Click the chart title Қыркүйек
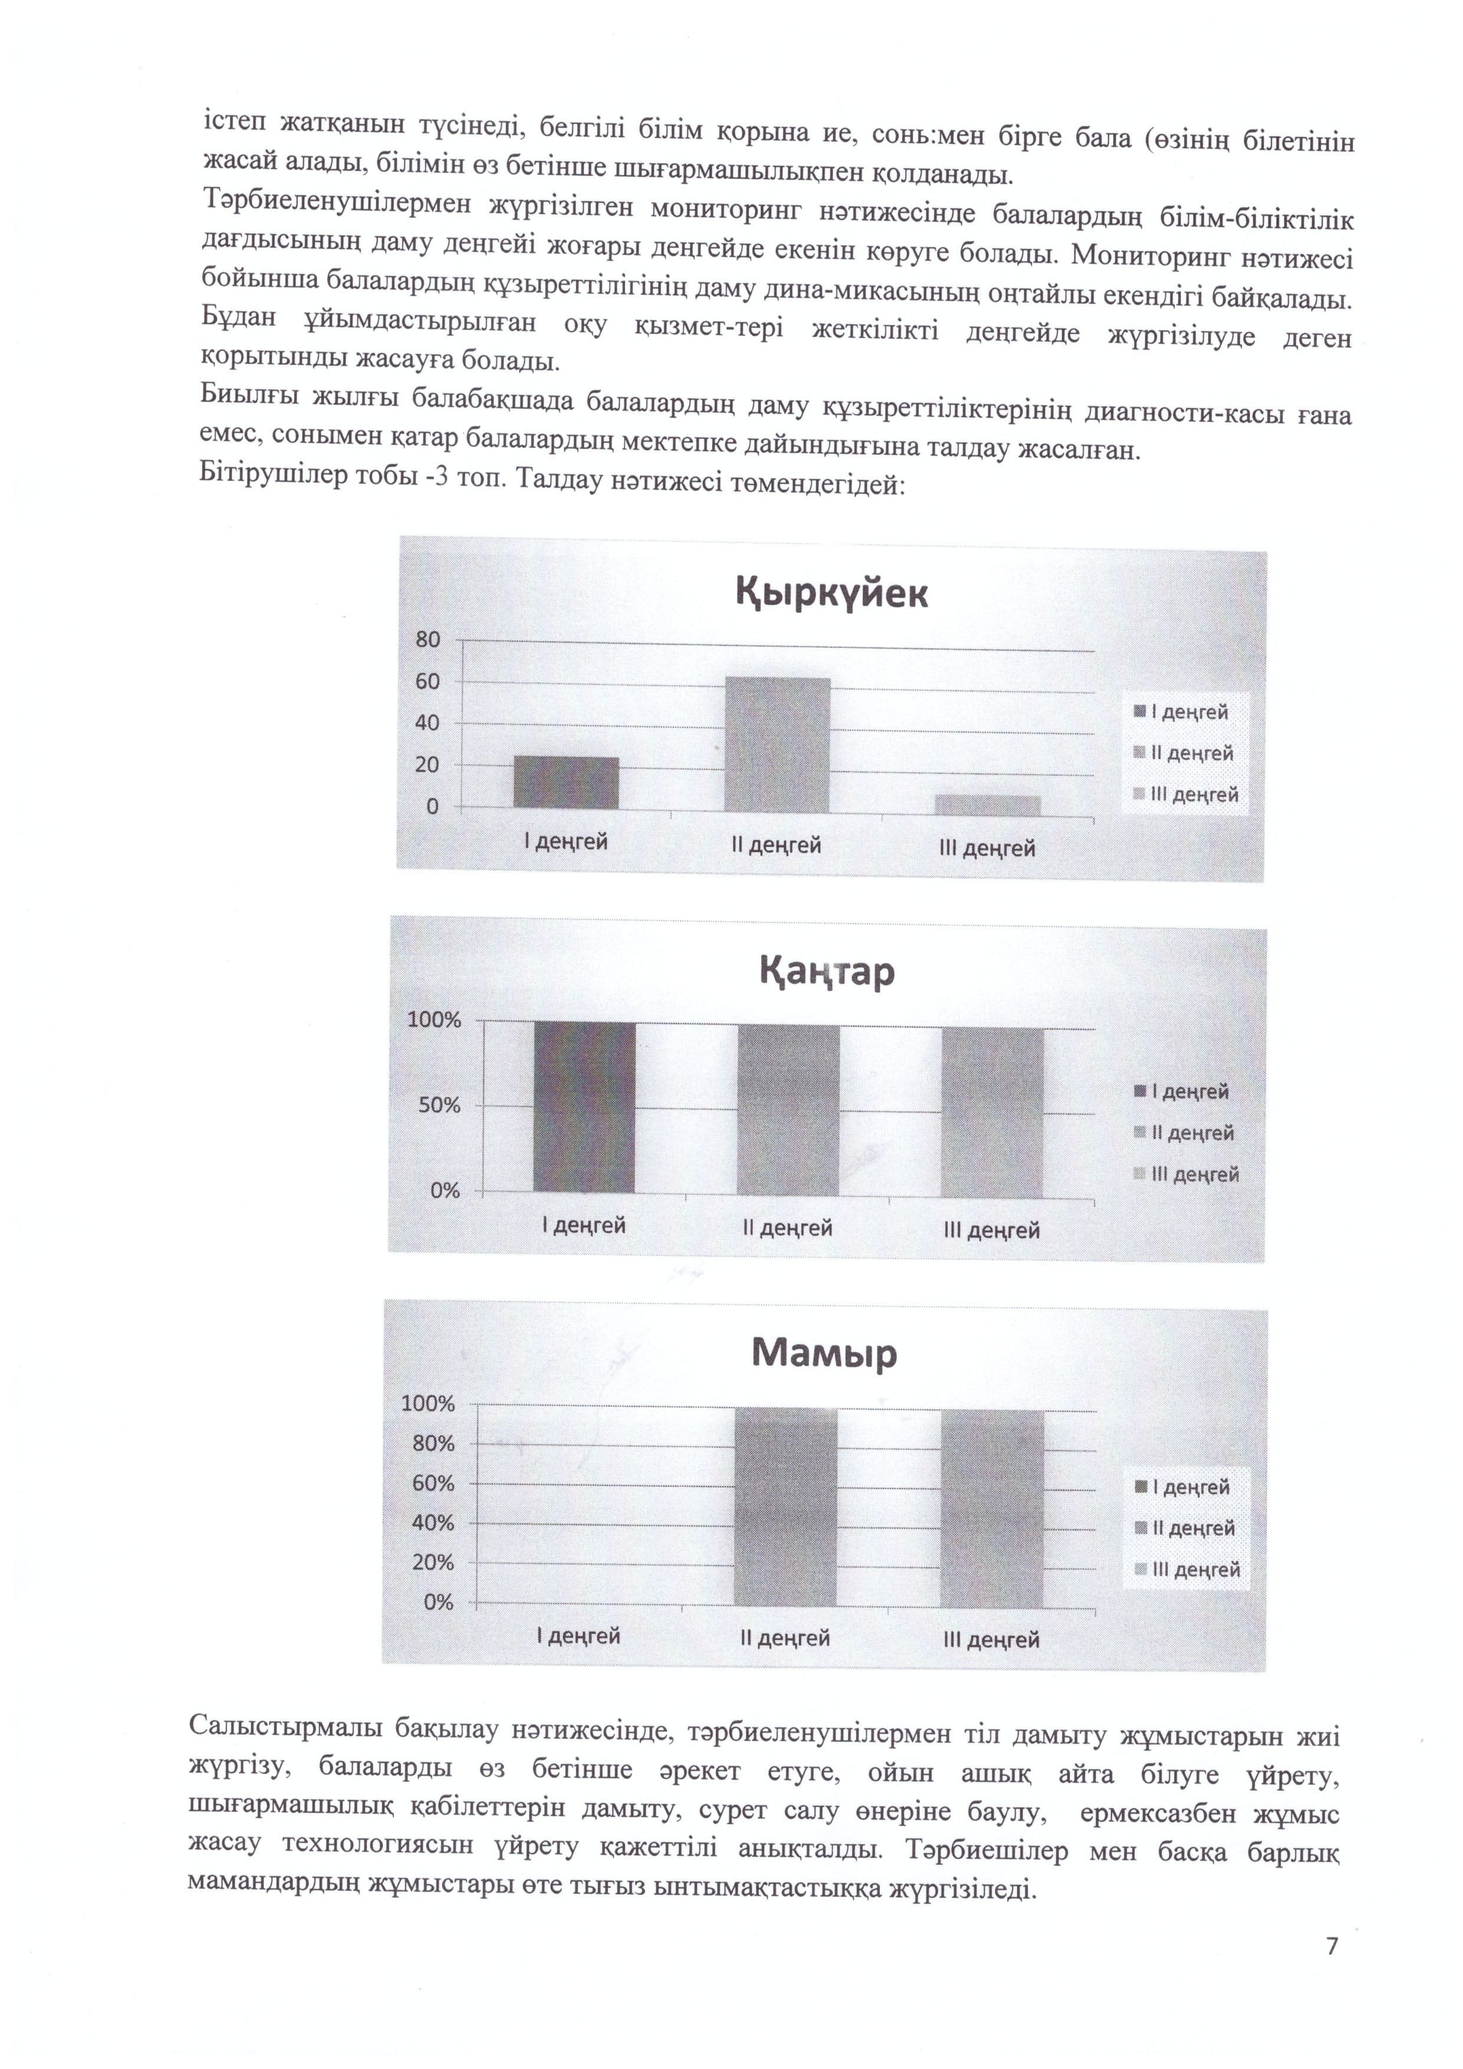[x=831, y=594]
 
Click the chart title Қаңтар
[x=827, y=972]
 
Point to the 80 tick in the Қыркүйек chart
[x=428, y=640]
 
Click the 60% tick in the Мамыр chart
[x=433, y=1483]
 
